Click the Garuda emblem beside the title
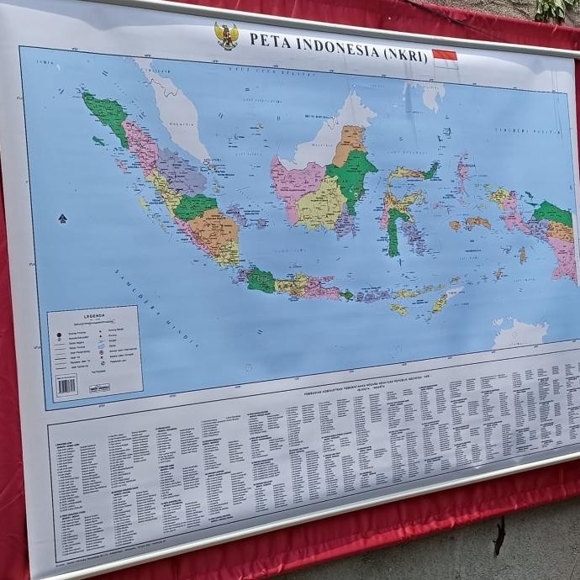[x=225, y=36]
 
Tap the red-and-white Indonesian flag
[x=444, y=58]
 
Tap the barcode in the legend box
[x=66, y=385]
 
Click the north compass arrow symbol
[x=62, y=219]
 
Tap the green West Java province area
[x=261, y=281]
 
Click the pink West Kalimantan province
[x=291, y=185]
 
